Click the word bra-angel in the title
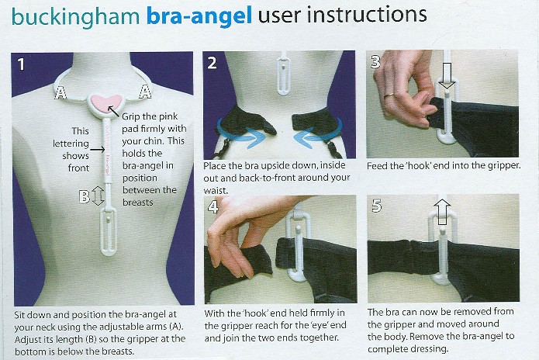[199, 16]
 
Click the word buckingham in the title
[76, 17]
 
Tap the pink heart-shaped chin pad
[106, 103]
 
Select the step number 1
[21, 64]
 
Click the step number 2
[212, 63]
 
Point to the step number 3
[375, 61]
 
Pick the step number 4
[213, 206]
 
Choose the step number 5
[377, 206]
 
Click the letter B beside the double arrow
[85, 196]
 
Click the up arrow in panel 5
[442, 212]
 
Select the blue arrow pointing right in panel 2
[240, 137]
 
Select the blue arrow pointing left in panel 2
[317, 136]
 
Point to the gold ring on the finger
[389, 96]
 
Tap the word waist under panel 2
[215, 191]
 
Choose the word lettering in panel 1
[71, 144]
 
